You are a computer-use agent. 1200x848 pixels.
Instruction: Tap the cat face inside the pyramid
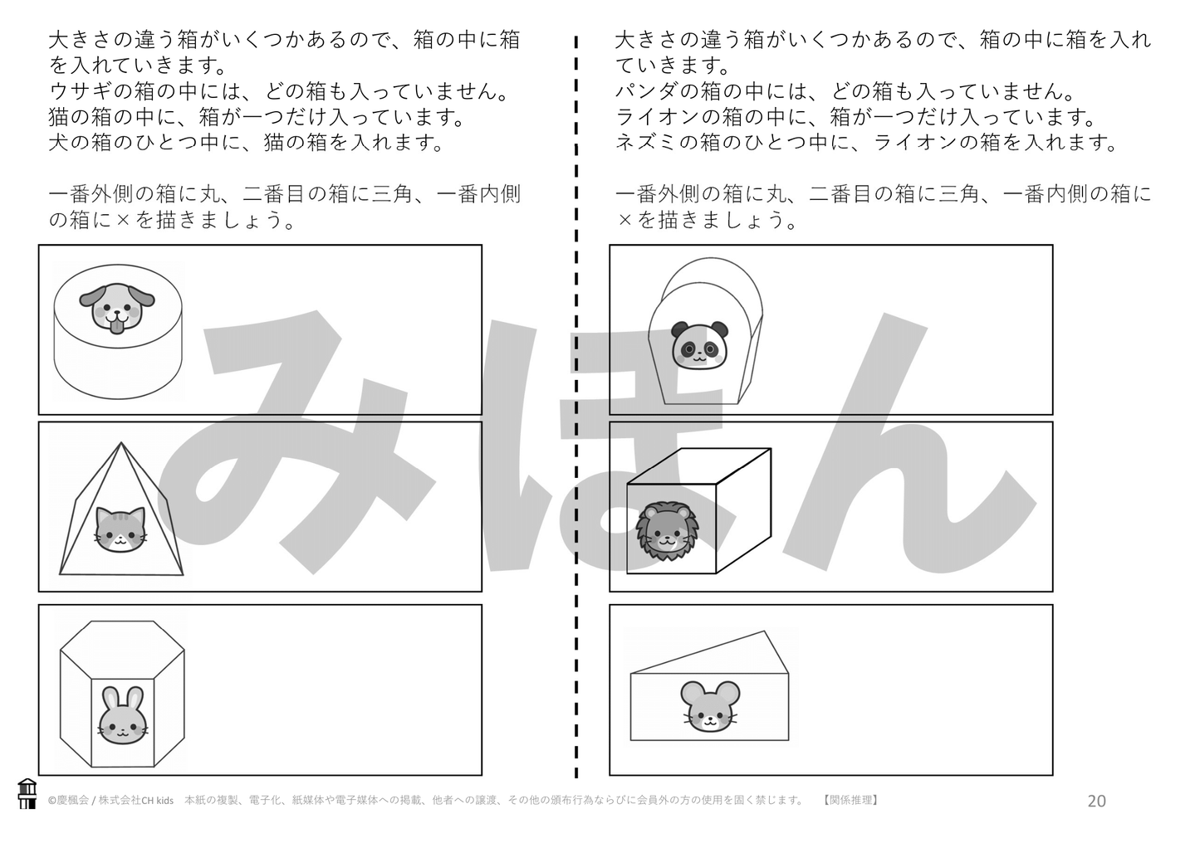(x=118, y=529)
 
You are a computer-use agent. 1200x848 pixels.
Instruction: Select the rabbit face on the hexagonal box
(x=122, y=716)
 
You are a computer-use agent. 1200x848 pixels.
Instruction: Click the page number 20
(x=1096, y=801)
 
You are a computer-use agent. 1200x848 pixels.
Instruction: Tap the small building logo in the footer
(x=27, y=794)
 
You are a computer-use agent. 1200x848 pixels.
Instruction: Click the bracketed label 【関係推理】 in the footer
(x=850, y=800)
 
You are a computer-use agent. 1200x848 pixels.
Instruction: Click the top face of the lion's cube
(x=699, y=466)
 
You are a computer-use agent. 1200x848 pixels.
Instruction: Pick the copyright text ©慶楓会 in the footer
(x=68, y=801)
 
